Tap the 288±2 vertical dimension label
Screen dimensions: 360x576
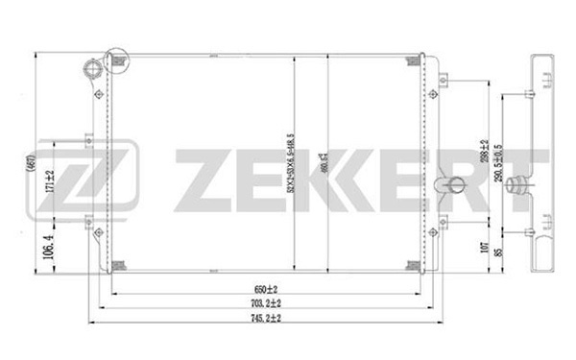tap(486, 155)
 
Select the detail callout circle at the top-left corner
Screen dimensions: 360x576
tap(115, 61)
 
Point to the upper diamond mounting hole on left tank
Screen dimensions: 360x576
tap(100, 94)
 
